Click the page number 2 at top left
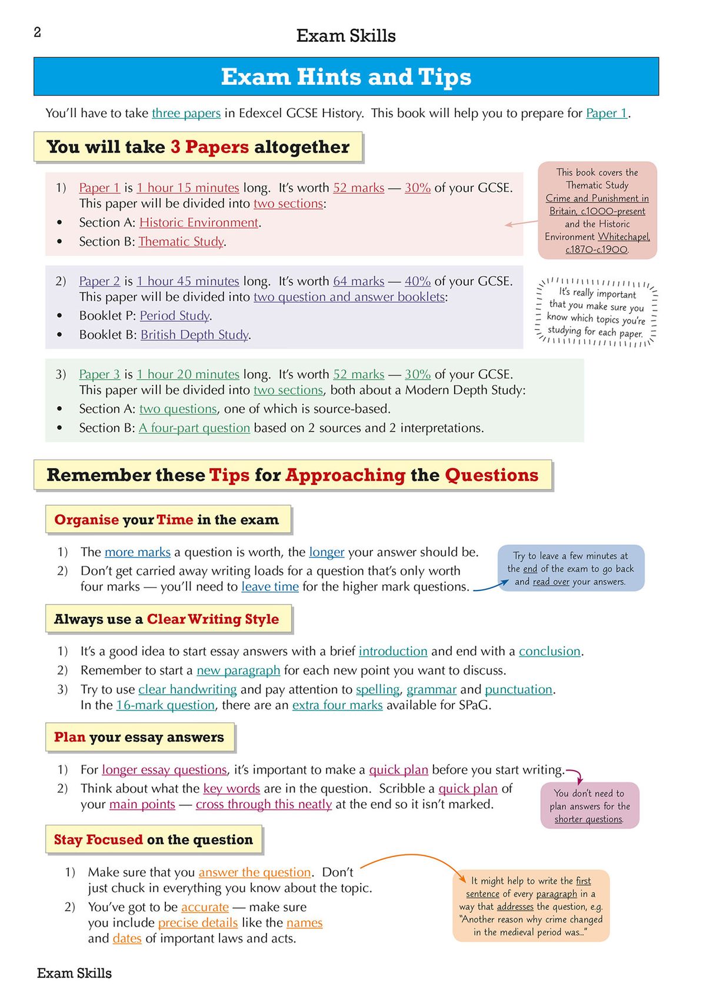[37, 32]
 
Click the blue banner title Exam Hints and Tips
[346, 77]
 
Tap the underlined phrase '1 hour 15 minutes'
[188, 188]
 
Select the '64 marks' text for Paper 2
[358, 281]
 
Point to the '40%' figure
[417, 281]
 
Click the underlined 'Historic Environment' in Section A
[199, 223]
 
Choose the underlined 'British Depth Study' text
[194, 335]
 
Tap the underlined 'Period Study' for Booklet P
[174, 316]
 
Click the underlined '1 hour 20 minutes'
[188, 374]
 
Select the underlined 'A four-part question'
[194, 428]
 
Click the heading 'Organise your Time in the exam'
[166, 520]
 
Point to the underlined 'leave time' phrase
[270, 587]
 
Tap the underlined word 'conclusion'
[550, 652]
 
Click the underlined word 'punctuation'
[518, 689]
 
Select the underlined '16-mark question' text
[165, 705]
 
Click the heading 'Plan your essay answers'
[139, 738]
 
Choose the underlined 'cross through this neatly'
[264, 805]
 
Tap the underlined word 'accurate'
[205, 907]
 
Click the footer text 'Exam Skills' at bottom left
[74, 973]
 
